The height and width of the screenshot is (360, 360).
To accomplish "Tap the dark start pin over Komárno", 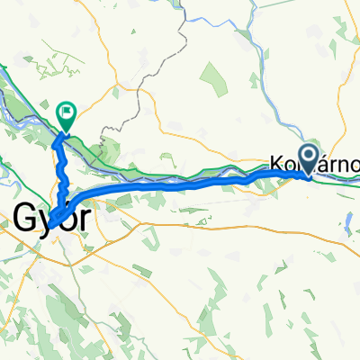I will pos(309,159).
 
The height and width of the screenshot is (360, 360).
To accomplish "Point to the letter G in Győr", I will pos(25,217).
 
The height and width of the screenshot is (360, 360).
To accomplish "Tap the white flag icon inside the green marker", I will pos(67,112).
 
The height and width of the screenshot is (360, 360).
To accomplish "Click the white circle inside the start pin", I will pos(309,156).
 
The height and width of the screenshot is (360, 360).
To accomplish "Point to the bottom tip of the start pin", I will pos(309,176).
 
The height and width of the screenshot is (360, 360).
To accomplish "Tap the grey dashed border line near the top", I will pos(184,36).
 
